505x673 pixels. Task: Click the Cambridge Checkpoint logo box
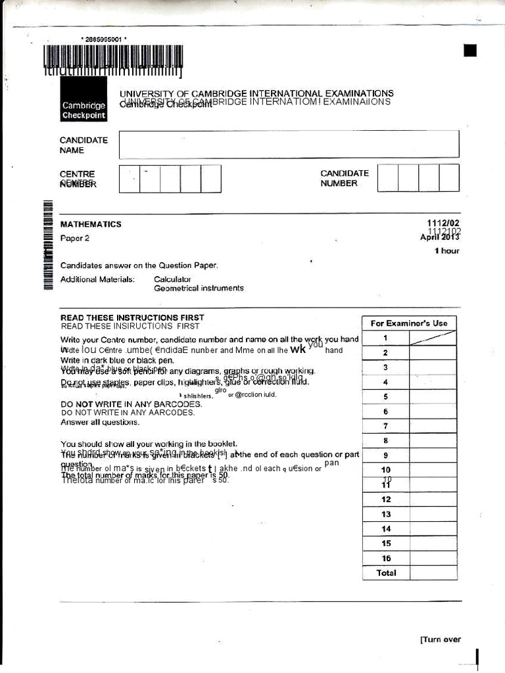click(83, 101)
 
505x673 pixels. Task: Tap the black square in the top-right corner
click(469, 51)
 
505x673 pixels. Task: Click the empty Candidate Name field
click(289, 145)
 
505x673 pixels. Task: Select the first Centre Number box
click(130, 178)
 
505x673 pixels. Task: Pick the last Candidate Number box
click(449, 178)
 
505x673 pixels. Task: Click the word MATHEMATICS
click(91, 224)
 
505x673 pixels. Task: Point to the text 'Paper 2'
click(75, 238)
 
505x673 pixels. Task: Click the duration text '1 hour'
click(446, 251)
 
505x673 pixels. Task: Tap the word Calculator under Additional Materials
click(172, 279)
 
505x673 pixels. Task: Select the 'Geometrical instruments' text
click(199, 288)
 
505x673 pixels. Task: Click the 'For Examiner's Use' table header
click(409, 323)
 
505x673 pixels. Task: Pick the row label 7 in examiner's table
click(386, 426)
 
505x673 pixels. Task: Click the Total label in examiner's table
click(386, 573)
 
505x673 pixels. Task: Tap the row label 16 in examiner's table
click(386, 558)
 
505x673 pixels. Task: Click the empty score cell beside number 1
click(433, 338)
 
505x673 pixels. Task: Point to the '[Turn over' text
click(440, 639)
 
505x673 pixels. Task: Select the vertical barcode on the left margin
click(47, 243)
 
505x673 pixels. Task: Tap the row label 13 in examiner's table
click(386, 514)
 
